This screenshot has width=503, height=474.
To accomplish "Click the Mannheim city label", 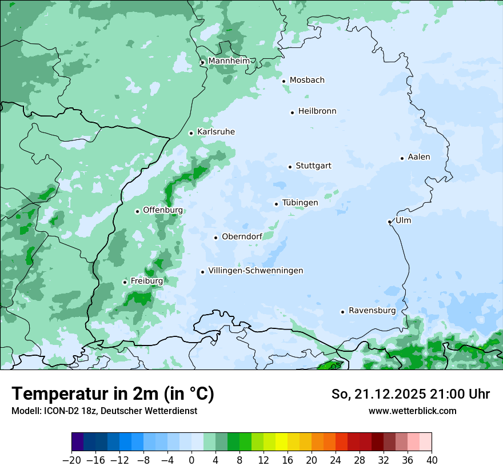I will [x=229, y=61].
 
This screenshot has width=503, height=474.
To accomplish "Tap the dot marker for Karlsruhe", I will [x=191, y=133].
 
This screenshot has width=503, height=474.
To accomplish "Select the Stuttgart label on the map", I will [x=313, y=166].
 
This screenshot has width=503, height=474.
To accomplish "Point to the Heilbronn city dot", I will [x=292, y=113].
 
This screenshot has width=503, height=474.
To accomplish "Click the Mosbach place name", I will [x=307, y=81].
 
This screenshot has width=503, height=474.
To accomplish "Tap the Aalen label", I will [x=419, y=157].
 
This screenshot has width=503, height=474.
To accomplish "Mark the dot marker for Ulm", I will [x=389, y=222].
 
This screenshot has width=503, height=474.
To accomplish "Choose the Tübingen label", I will [x=300, y=203].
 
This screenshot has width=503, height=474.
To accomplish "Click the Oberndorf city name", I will [x=242, y=237].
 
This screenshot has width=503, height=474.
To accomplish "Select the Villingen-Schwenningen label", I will [x=256, y=271].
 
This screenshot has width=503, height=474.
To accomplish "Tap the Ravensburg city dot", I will [x=342, y=312].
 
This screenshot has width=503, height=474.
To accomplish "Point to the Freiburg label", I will [x=147, y=281].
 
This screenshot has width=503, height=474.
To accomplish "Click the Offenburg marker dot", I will [x=137, y=211].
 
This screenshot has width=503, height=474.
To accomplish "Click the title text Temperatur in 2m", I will [x=113, y=393].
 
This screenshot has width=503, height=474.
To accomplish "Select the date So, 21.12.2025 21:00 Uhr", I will [x=410, y=394].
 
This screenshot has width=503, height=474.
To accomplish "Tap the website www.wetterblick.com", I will [x=412, y=411].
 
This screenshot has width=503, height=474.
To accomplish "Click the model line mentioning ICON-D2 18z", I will [x=104, y=411].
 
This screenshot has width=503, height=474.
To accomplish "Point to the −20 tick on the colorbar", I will [x=71, y=460].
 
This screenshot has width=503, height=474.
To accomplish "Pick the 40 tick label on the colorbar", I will [x=432, y=460].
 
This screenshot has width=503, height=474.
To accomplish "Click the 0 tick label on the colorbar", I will [x=191, y=460].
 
